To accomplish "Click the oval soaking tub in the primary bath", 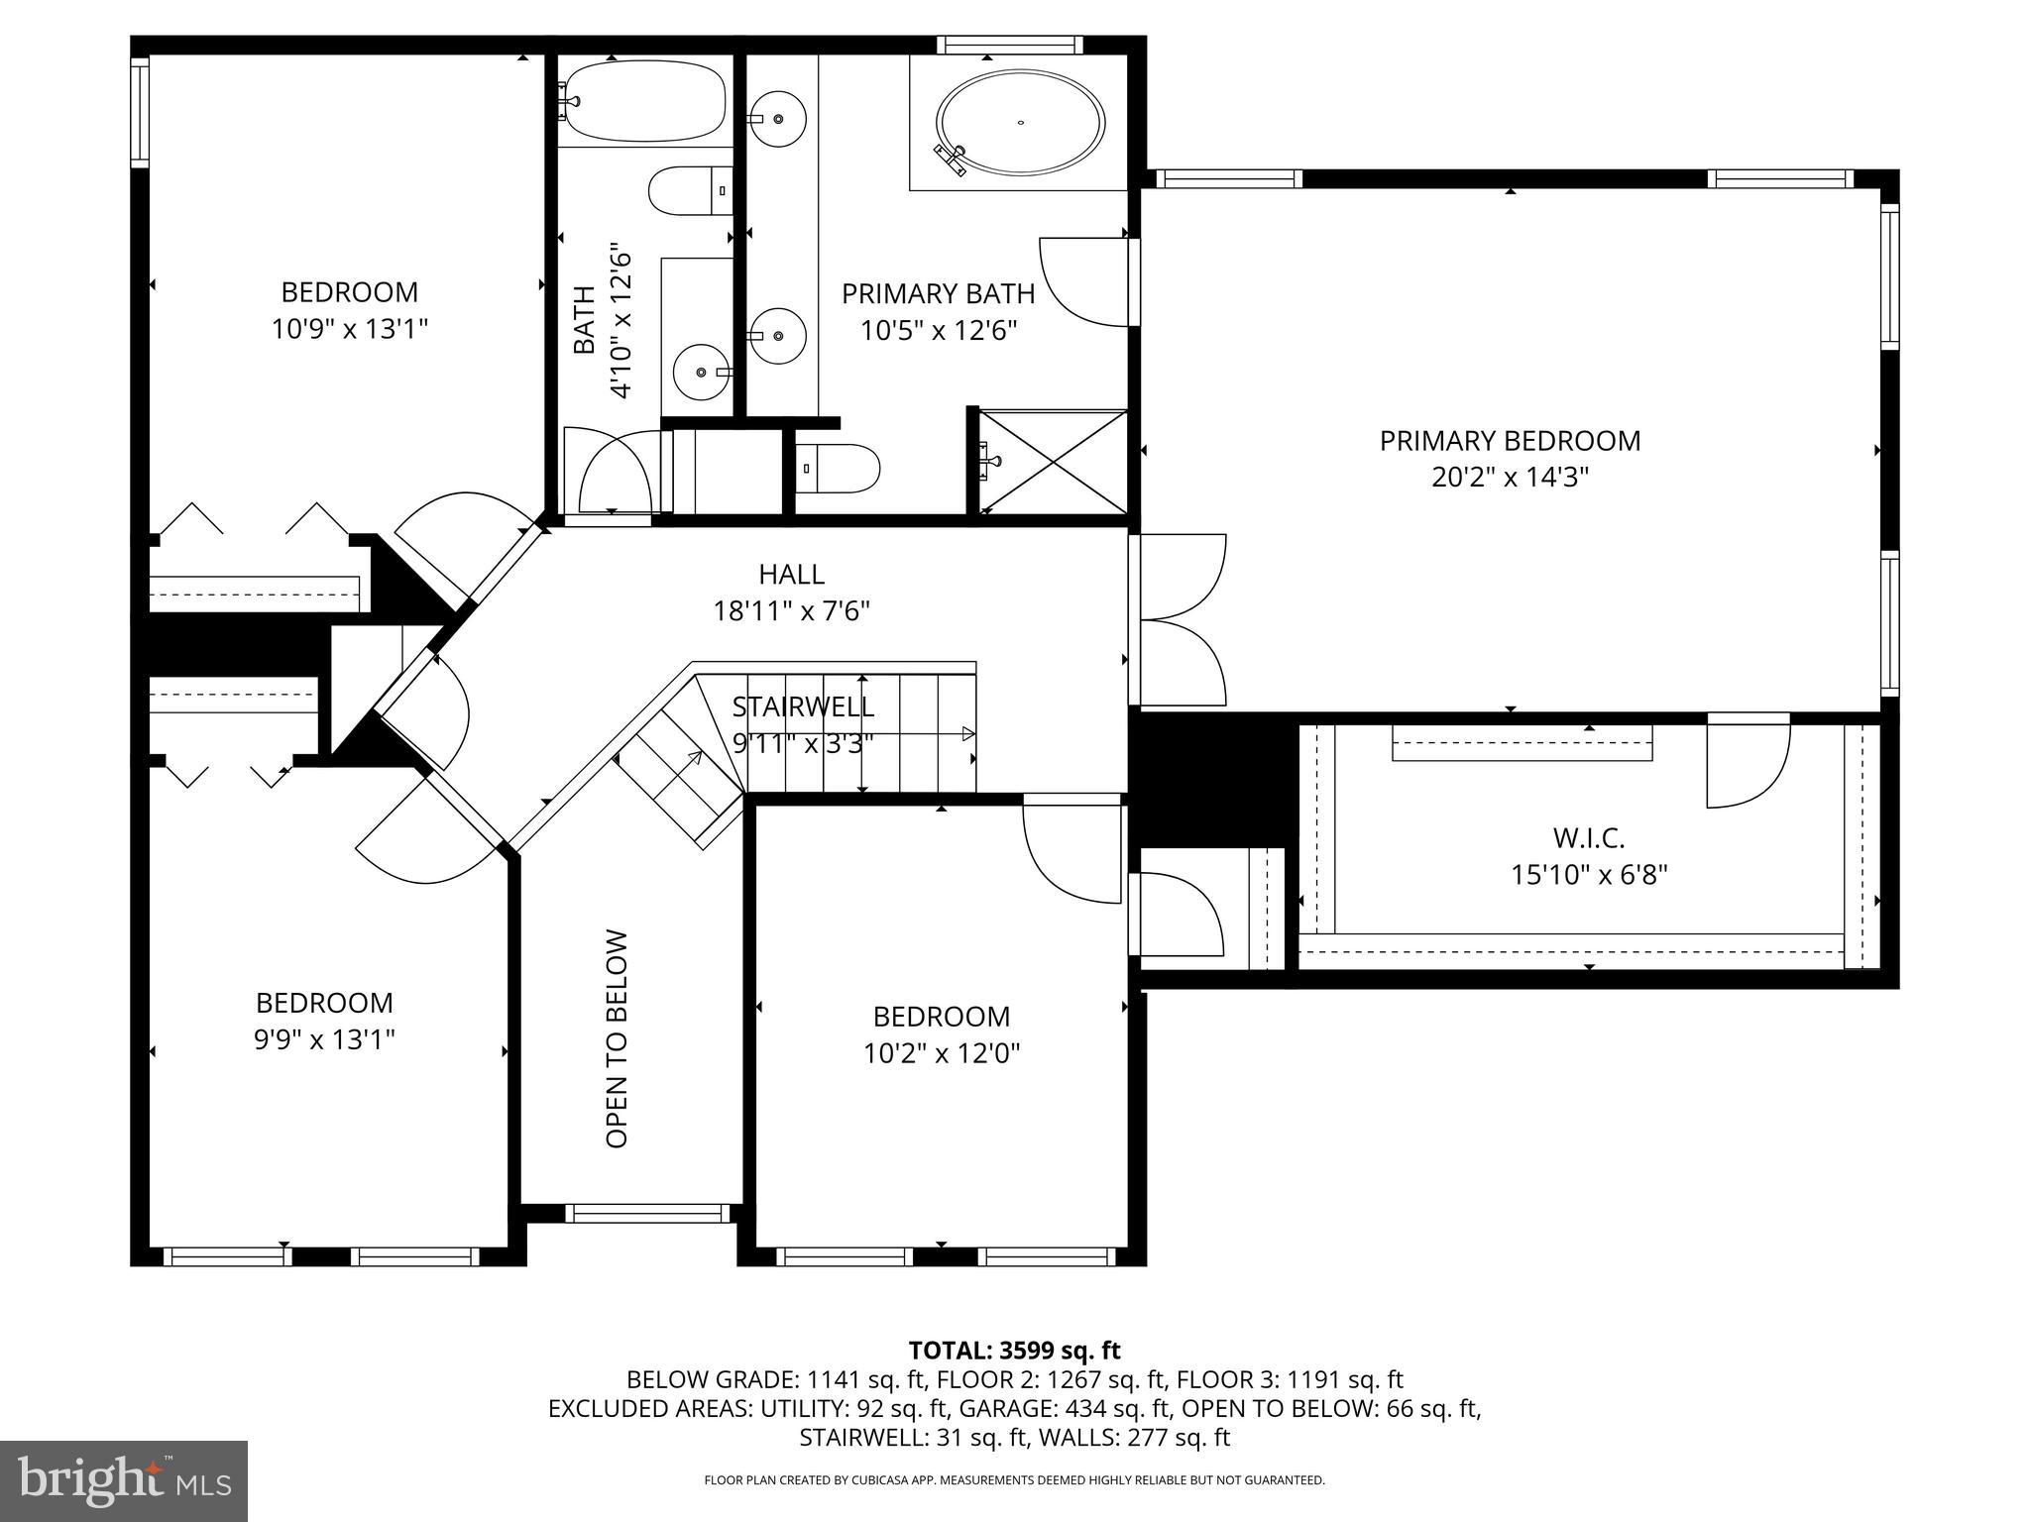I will click(x=1020, y=123).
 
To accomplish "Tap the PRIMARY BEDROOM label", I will click(x=1510, y=441).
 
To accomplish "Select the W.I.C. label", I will click(x=1588, y=838).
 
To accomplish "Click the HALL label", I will click(x=791, y=574).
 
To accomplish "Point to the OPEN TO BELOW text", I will click(x=617, y=1038).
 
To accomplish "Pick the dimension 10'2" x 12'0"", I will click(x=942, y=1052).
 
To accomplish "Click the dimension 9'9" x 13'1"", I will click(x=324, y=1039).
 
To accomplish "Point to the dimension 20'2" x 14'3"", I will click(x=1510, y=478).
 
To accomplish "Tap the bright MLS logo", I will click(x=124, y=1481).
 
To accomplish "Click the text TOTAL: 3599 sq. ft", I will click(x=1014, y=1350).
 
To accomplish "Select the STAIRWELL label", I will click(x=803, y=707).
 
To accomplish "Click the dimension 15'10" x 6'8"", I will click(x=1589, y=875).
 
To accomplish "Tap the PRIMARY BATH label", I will click(x=938, y=294).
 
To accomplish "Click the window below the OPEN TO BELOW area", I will click(x=647, y=1213).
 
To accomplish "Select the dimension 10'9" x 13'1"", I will click(x=349, y=329).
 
